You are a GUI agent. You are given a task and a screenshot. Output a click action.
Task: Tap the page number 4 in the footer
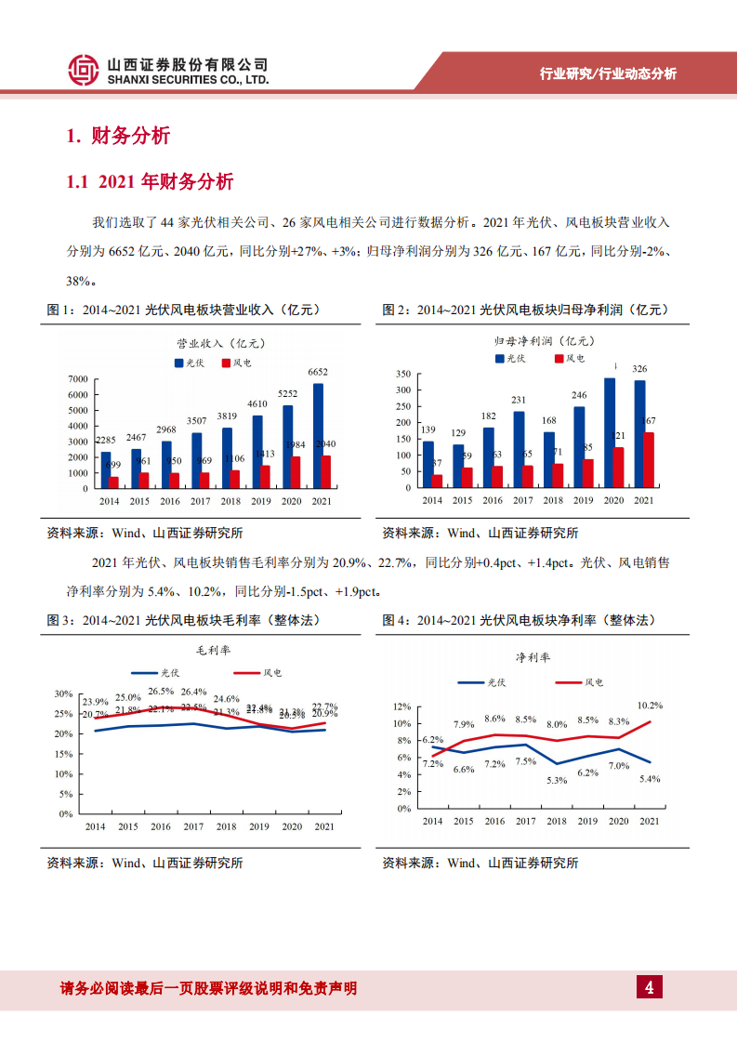[x=649, y=987]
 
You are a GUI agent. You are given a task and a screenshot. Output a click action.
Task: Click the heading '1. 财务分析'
[x=118, y=136]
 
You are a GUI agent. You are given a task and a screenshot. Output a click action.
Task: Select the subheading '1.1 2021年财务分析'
[x=150, y=182]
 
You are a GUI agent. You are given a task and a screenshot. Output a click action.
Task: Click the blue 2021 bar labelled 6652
[x=319, y=436]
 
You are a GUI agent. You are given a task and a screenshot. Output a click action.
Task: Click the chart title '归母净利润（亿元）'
[x=540, y=341]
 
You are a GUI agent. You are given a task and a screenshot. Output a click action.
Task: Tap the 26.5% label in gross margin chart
[x=160, y=691]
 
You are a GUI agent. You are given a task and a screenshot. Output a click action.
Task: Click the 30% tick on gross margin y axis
[x=62, y=694]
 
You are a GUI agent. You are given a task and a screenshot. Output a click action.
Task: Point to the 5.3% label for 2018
[x=557, y=780]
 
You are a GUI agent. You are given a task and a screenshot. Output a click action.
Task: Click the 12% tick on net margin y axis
[x=401, y=706]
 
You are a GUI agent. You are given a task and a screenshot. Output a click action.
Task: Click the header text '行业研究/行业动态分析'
[x=608, y=74]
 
